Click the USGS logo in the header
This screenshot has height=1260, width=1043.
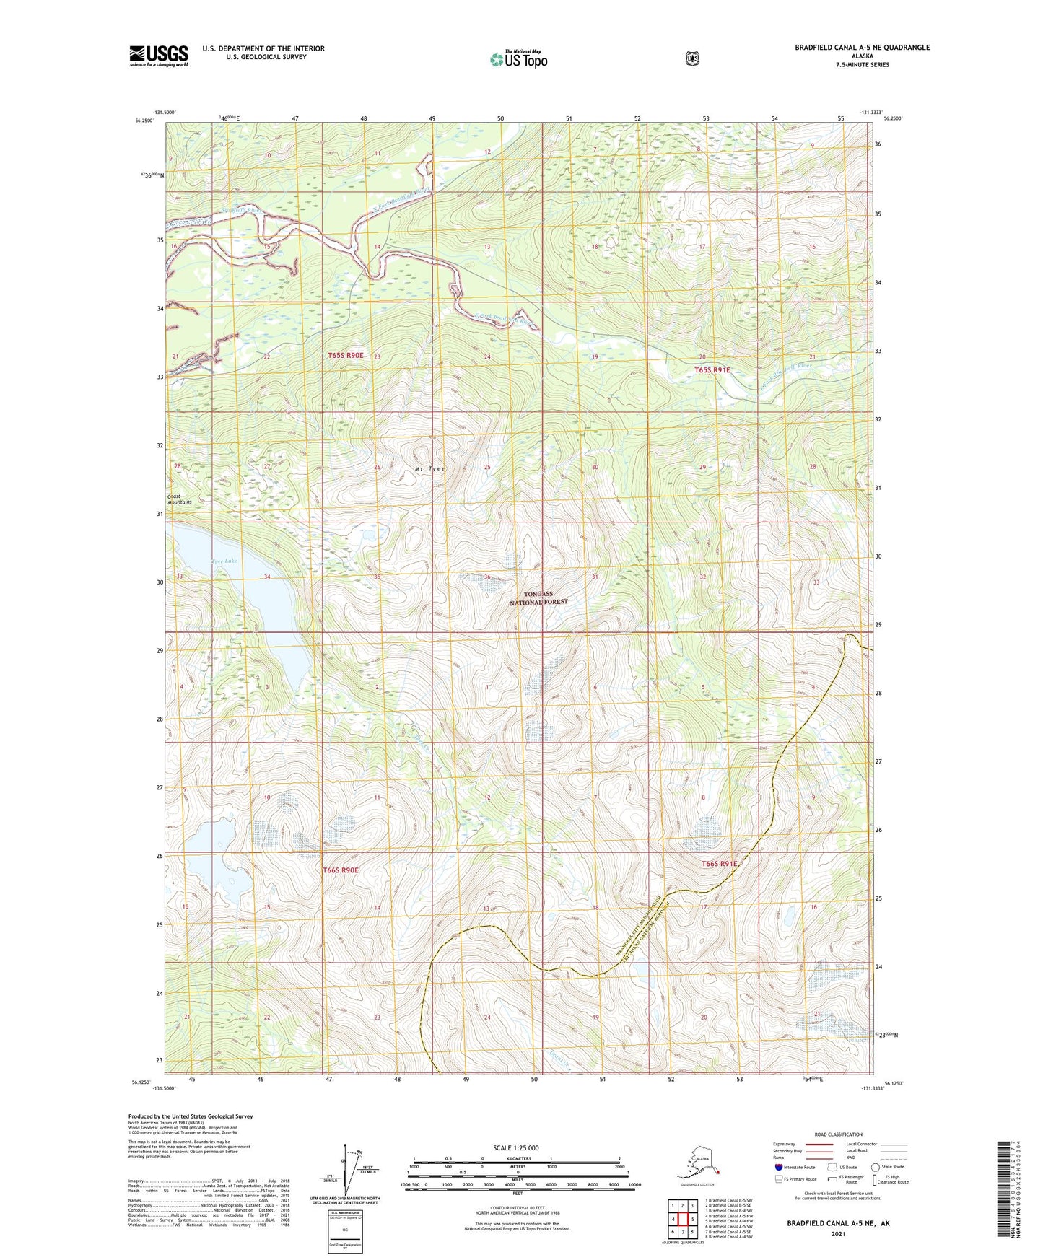tap(159, 56)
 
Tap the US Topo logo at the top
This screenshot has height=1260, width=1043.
tap(518, 59)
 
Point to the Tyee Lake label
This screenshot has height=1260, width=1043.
tap(224, 561)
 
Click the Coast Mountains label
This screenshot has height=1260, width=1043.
tap(179, 499)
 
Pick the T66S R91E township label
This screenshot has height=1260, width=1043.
tap(720, 863)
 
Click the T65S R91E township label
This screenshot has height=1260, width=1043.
tap(712, 370)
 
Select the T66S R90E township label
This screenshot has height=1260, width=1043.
tap(340, 870)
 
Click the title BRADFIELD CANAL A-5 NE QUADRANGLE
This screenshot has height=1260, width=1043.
tap(862, 48)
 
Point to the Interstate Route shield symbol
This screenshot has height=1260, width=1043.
tap(778, 1167)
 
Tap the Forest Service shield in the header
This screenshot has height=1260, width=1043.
tap(692, 58)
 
